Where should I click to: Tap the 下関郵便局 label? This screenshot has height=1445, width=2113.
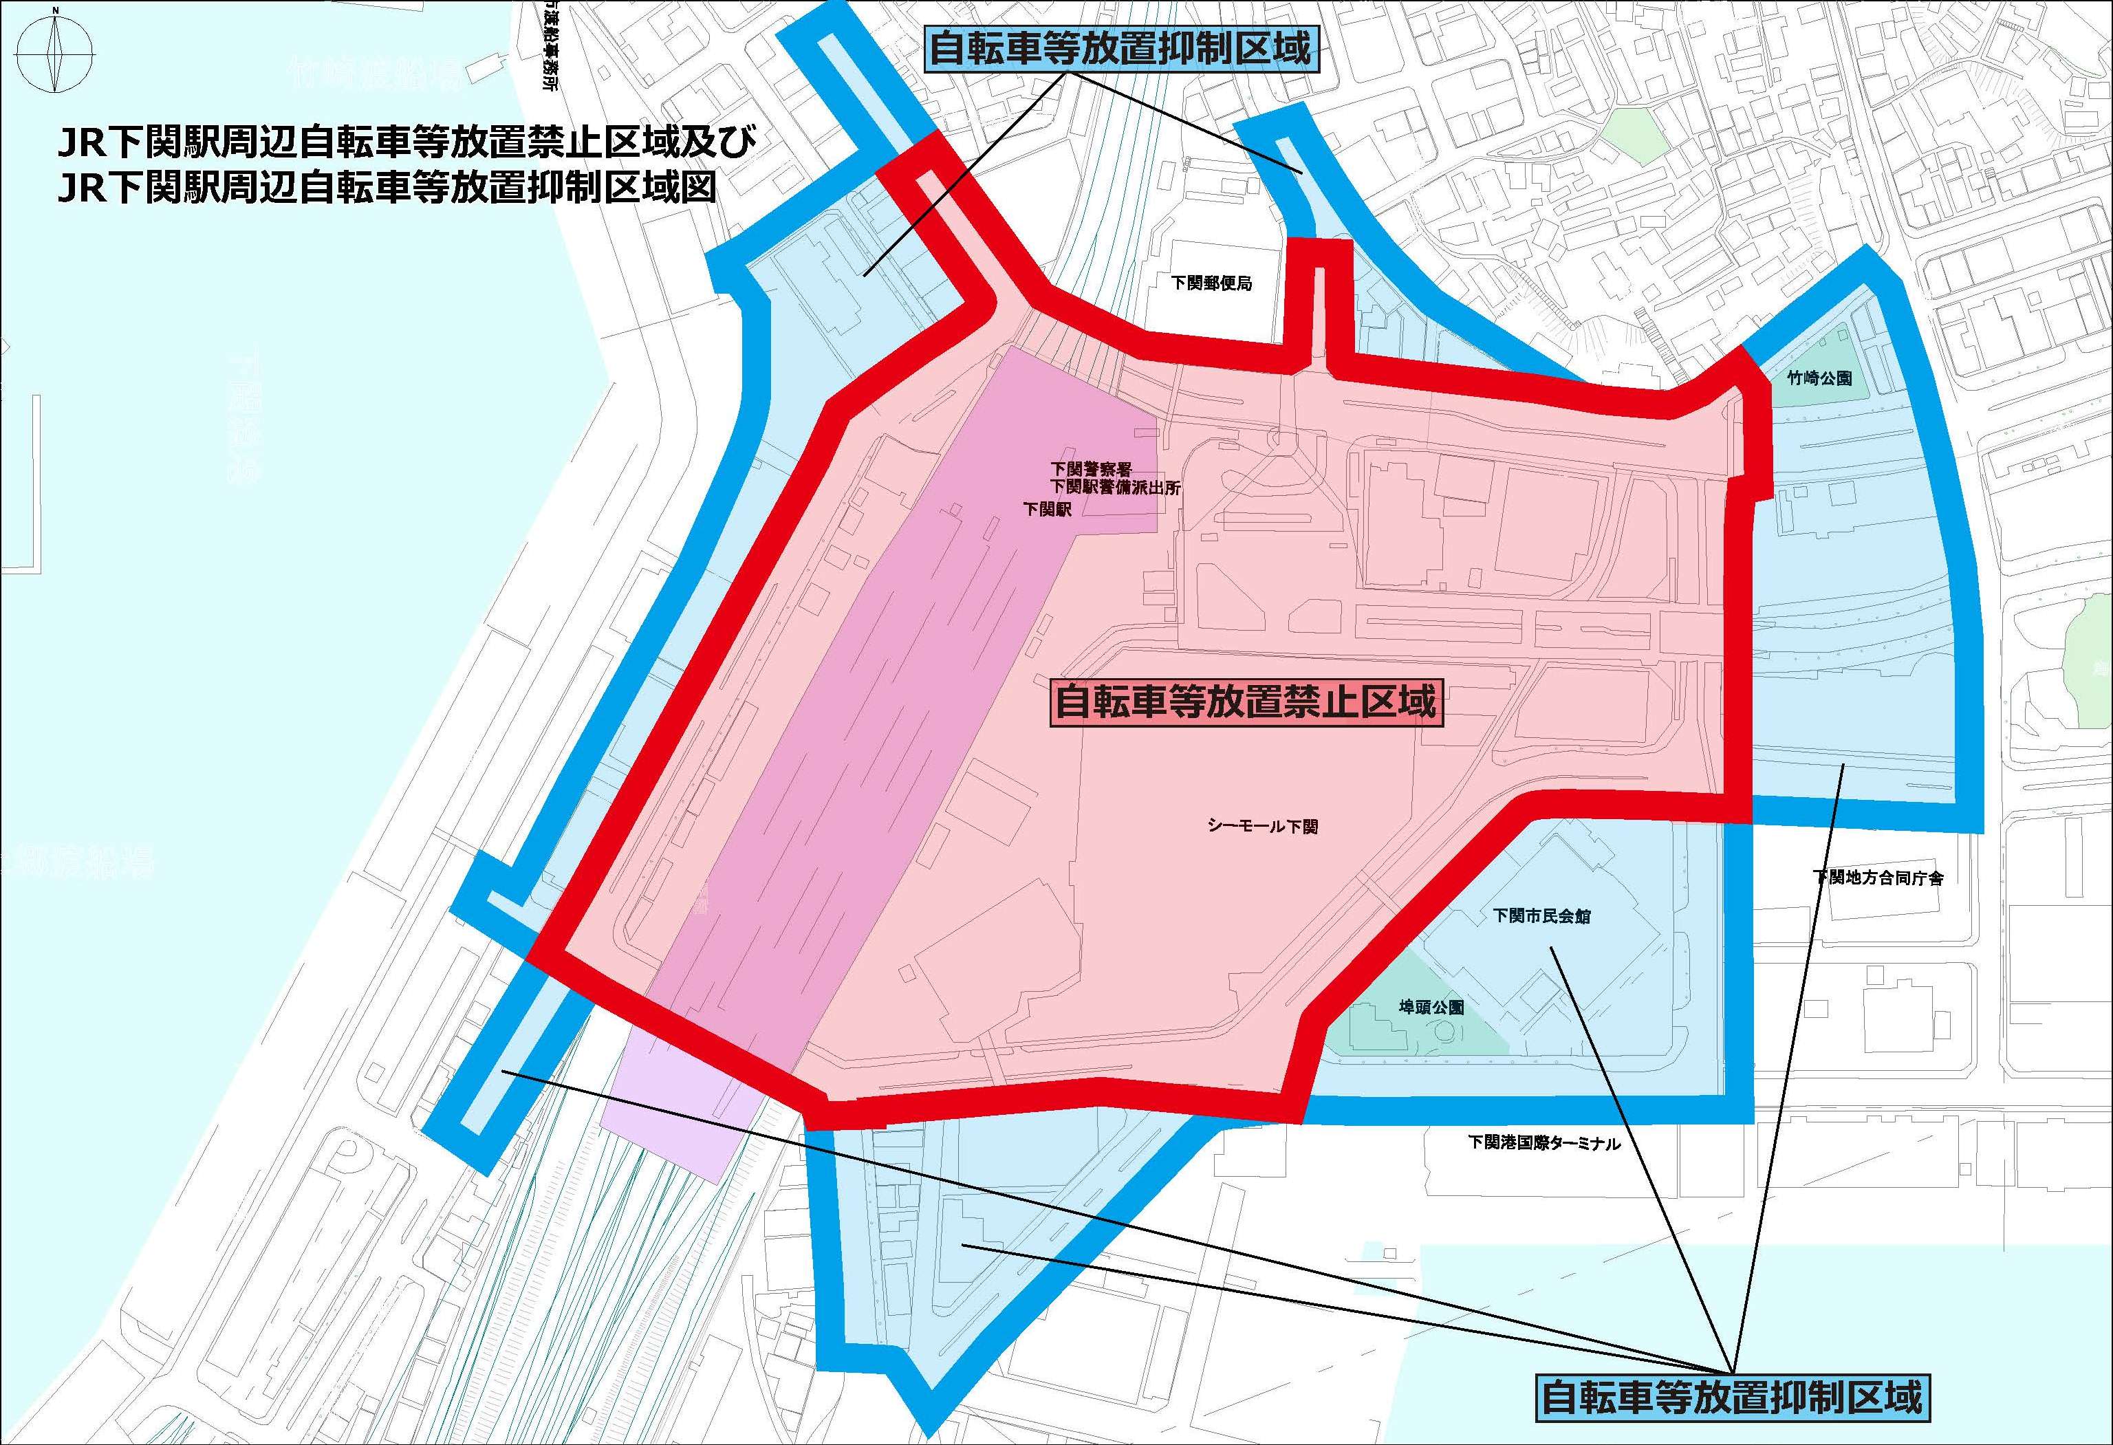[1211, 283]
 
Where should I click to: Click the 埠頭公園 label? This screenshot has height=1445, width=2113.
[1431, 1008]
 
